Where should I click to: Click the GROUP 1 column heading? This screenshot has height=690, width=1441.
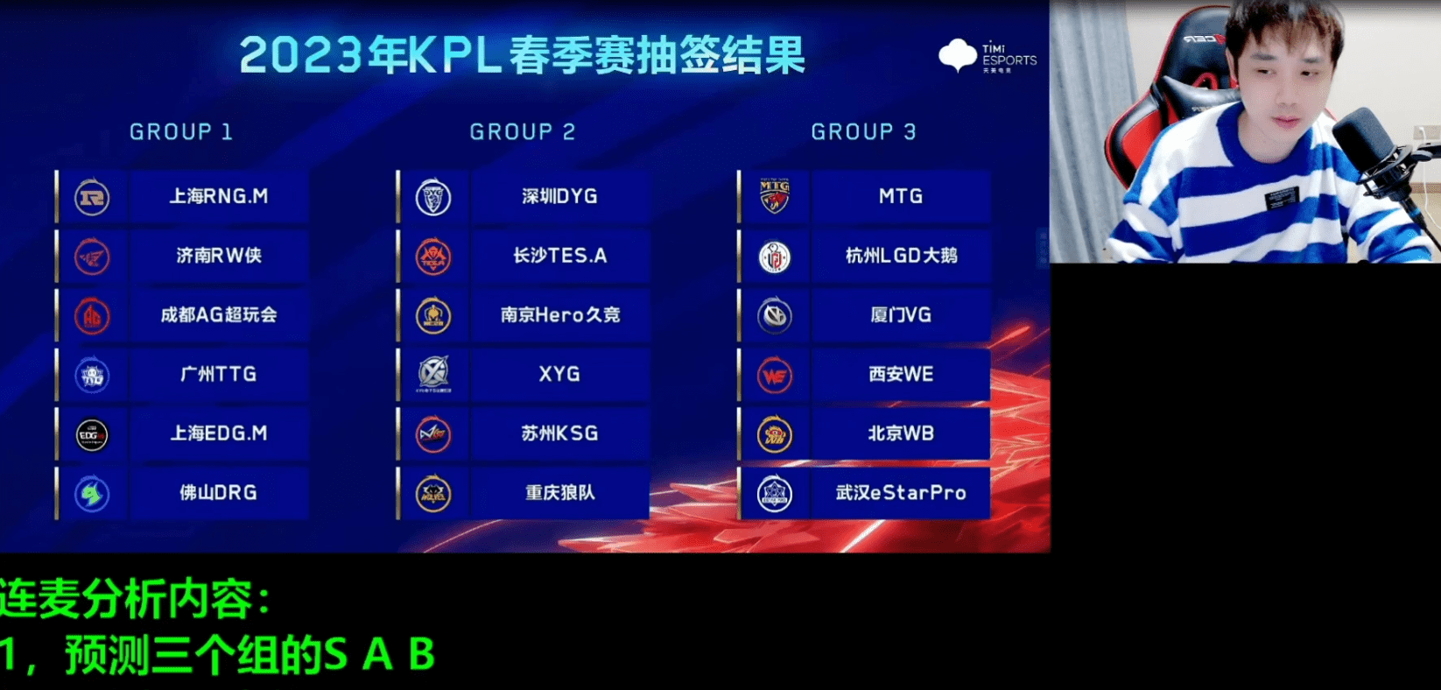180,132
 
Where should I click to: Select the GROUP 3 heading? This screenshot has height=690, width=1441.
863,132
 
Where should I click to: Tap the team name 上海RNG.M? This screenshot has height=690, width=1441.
219,196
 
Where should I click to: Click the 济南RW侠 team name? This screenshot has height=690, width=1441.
219,256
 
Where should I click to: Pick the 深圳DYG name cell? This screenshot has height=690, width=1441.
559,196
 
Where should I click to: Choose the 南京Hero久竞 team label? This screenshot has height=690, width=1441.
560,314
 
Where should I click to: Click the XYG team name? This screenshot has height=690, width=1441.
559,374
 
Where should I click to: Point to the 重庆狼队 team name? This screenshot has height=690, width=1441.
559,493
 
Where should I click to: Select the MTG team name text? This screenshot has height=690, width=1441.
901,196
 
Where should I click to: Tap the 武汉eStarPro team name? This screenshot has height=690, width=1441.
901,493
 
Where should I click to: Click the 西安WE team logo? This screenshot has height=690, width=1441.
775,376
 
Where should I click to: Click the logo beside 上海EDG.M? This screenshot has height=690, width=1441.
92,435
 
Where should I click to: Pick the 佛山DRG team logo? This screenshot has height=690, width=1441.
92,494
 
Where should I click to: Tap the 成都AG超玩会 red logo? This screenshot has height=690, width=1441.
92,316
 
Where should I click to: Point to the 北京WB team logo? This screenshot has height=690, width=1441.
775,434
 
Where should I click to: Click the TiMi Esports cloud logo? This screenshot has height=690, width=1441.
958,54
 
